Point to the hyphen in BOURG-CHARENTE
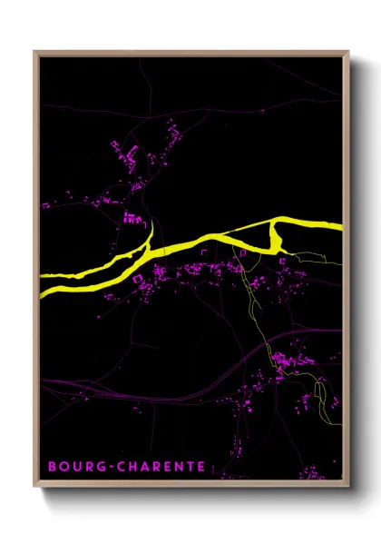108,467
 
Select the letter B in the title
51,467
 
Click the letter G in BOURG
99,467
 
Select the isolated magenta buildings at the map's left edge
45,205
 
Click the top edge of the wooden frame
190,53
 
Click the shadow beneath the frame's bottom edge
195,494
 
